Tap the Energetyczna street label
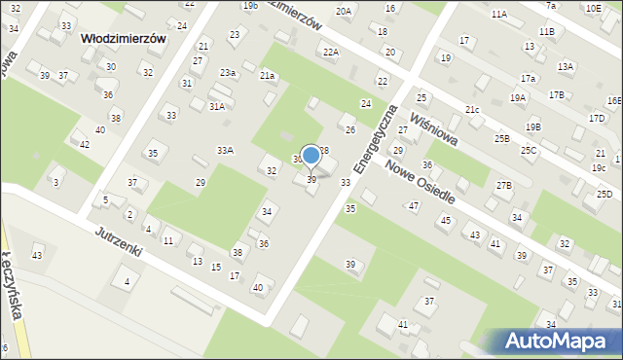[x=377, y=139]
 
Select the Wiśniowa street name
[x=434, y=128]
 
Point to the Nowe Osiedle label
[x=420, y=180]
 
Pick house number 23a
[x=228, y=73]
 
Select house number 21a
[x=268, y=75]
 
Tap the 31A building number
[x=216, y=107]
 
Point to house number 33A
[x=225, y=150]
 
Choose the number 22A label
[x=331, y=52]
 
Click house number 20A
[x=343, y=11]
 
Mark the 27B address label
[x=503, y=185]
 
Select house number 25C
[x=529, y=150]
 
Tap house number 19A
[x=518, y=97]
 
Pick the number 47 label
[x=414, y=205]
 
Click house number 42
[x=85, y=145]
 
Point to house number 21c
[x=472, y=110]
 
